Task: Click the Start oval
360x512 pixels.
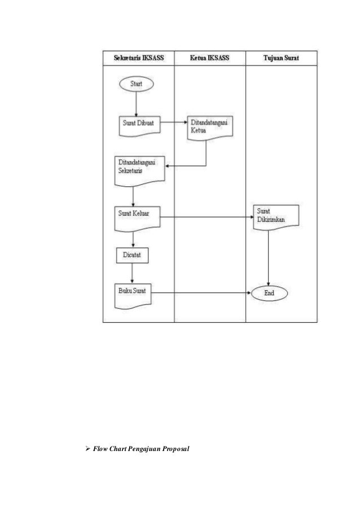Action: [136, 84]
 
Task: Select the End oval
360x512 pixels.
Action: [269, 293]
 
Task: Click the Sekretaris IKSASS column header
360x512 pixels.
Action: [138, 58]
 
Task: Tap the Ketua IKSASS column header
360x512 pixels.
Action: [210, 58]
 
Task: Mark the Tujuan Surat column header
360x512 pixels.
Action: [282, 58]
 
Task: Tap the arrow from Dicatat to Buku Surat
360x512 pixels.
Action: [132, 273]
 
